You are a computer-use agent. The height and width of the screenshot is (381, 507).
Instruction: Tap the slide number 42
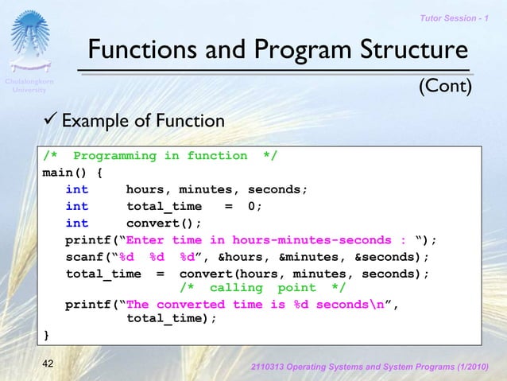(49, 364)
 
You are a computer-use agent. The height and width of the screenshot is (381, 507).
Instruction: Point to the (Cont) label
(446, 85)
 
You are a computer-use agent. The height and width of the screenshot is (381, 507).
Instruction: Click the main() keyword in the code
(64, 173)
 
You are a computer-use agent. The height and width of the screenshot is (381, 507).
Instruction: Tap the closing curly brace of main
(45, 333)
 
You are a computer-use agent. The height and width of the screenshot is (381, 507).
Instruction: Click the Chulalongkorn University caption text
(30, 86)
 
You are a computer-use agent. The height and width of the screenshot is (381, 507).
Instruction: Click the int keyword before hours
(77, 189)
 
